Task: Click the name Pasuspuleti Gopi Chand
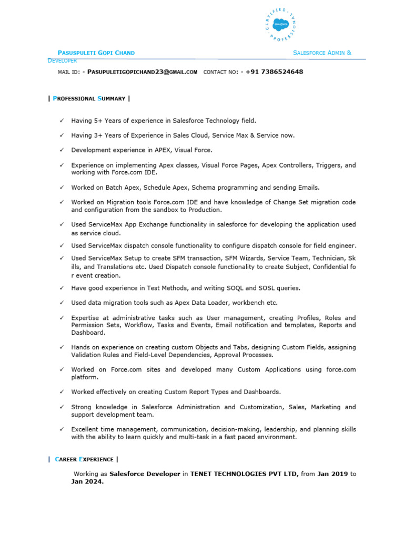point(96,53)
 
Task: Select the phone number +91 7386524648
point(274,71)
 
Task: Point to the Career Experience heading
point(83,459)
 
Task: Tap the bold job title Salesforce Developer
point(145,474)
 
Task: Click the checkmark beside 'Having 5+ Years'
point(62,120)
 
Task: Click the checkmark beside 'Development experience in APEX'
point(62,150)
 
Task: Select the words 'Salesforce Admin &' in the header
point(322,53)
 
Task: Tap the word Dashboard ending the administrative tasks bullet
point(88,333)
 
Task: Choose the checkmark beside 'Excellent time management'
point(62,429)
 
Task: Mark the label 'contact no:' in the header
point(220,71)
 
